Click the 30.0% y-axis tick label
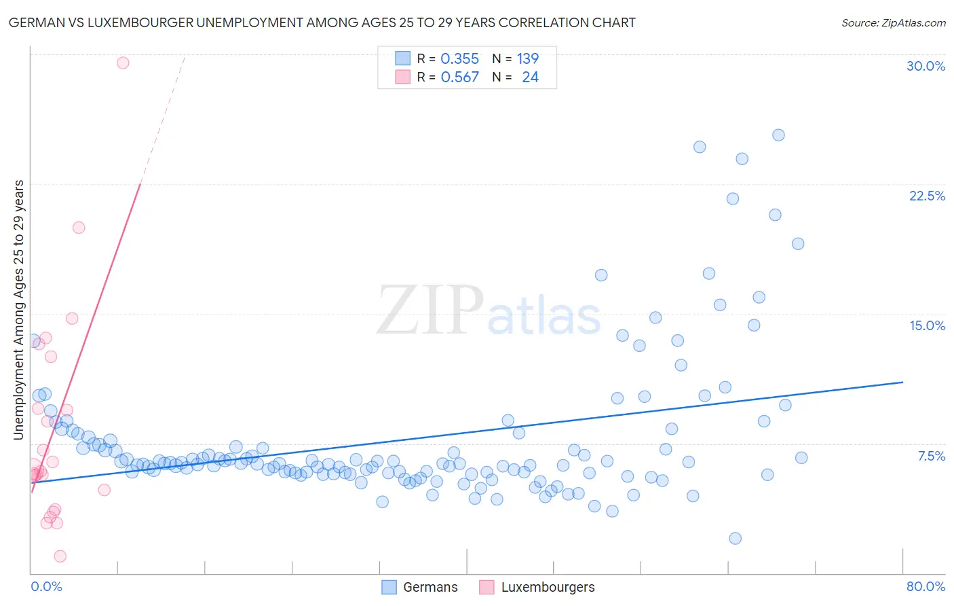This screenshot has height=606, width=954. [x=926, y=66]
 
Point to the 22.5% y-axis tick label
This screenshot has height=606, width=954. [x=927, y=196]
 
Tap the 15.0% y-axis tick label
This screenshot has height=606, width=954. [x=927, y=325]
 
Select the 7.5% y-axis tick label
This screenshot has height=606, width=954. [x=931, y=456]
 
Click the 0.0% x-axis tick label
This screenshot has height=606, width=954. [x=46, y=586]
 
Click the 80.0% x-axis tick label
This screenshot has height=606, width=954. [x=926, y=586]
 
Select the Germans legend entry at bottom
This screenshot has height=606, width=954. [x=419, y=587]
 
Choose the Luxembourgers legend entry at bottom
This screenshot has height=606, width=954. [x=537, y=587]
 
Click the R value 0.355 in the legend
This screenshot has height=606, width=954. [x=459, y=59]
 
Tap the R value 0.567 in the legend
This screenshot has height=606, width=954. [x=459, y=77]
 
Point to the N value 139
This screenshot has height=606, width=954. [x=527, y=59]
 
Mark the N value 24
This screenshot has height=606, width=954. [x=530, y=77]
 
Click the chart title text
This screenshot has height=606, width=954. [x=322, y=22]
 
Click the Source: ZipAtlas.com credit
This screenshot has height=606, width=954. [x=893, y=22]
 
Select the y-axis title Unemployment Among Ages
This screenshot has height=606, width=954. [x=18, y=310]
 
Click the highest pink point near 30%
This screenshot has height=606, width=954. [x=123, y=63]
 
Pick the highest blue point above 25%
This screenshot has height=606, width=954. [x=778, y=135]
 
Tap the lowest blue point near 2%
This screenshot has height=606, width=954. [x=735, y=538]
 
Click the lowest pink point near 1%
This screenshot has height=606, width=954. [x=60, y=556]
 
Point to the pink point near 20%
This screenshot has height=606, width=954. [x=79, y=228]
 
